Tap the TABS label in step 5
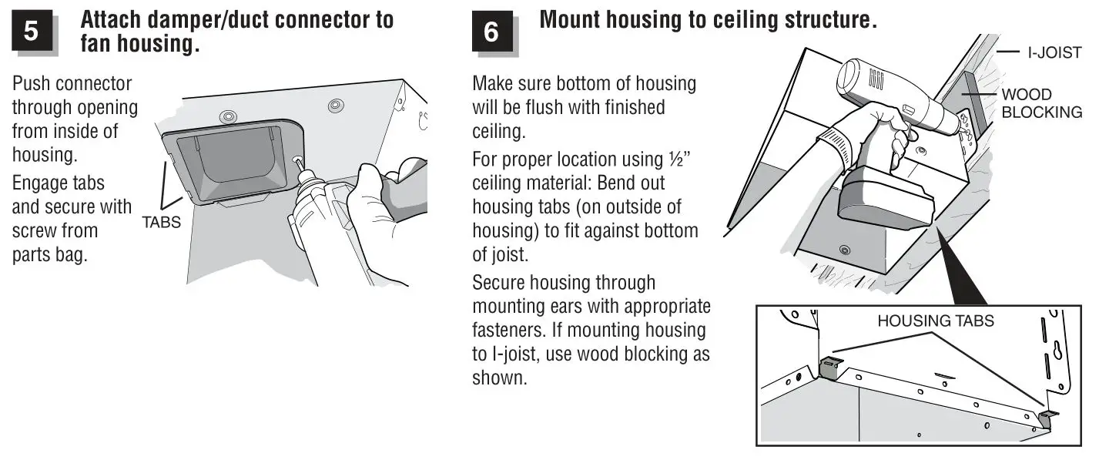(x=161, y=223)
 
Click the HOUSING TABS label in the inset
(x=935, y=321)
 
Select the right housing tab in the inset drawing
(x=1047, y=418)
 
